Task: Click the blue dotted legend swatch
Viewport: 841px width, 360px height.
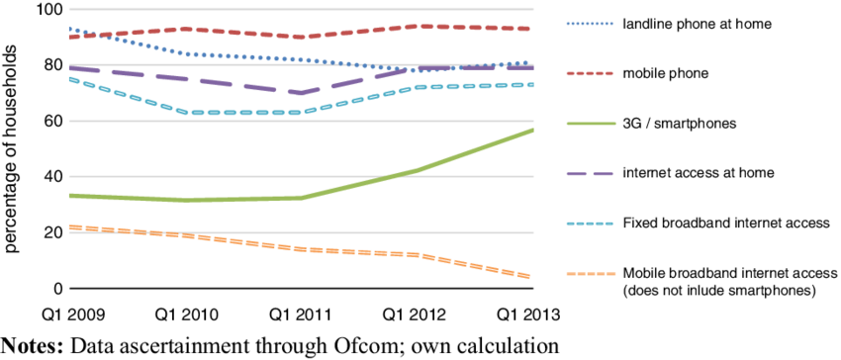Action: click(x=591, y=23)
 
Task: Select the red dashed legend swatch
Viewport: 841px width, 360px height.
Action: click(x=591, y=73)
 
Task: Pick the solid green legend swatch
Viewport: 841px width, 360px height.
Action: click(x=591, y=124)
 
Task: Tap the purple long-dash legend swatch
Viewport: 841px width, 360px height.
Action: click(x=591, y=174)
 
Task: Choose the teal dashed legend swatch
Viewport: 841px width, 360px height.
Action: click(x=591, y=224)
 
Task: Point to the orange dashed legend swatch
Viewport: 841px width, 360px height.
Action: click(x=591, y=274)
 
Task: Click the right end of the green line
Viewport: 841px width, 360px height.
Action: click(x=532, y=130)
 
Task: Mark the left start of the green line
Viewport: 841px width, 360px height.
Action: click(x=69, y=196)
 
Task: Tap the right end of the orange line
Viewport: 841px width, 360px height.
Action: click(x=530, y=277)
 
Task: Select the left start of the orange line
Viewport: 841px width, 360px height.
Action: click(x=69, y=226)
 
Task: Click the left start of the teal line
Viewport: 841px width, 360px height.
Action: click(x=69, y=79)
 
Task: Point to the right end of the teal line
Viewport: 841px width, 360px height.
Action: click(x=532, y=85)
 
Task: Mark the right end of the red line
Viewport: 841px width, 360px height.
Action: click(x=531, y=29)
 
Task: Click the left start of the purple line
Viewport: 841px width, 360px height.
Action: click(x=69, y=69)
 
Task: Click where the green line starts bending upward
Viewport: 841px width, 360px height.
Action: click(x=302, y=198)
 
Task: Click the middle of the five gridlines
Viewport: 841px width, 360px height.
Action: click(x=301, y=122)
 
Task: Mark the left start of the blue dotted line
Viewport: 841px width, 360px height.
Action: click(x=69, y=29)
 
